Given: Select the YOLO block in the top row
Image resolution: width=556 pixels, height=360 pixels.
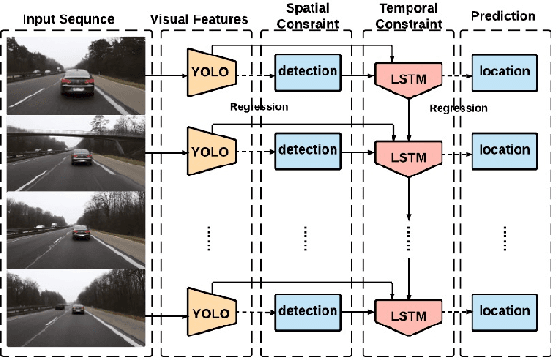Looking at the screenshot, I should coord(208,71).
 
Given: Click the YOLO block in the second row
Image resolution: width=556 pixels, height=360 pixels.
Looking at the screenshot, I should coord(208,150).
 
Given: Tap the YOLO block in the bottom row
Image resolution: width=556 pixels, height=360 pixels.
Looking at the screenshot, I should coord(208,315).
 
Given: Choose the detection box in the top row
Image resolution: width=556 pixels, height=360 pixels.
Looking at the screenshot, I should coord(307,71).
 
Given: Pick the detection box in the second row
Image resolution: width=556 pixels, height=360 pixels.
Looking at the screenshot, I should coord(307,150).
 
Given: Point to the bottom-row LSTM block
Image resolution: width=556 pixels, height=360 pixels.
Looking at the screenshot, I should coord(406,315).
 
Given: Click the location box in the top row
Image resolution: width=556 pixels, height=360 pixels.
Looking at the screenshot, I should coord(505,71).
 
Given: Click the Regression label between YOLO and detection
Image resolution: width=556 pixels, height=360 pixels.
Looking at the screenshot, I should coord(259,107).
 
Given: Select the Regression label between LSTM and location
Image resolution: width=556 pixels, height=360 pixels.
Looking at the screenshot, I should coord(459,108).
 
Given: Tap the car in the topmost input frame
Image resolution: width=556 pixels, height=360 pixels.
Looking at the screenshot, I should coord(74,86).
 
